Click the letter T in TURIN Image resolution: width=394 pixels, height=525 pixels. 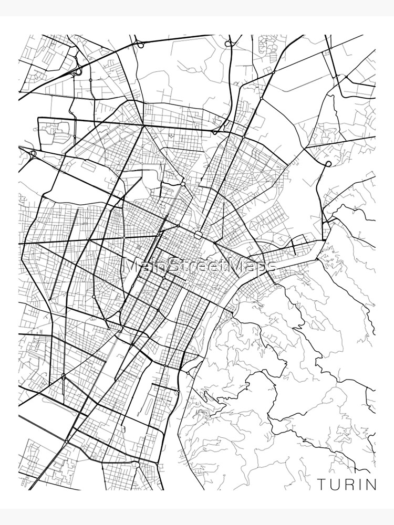click(321, 484)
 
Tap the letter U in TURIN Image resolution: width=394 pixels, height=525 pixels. click(334, 484)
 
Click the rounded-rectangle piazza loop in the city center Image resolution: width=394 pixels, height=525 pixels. click(199, 234)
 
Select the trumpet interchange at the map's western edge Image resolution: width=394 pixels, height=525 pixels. click(33, 154)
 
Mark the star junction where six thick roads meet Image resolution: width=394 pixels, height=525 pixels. click(182, 184)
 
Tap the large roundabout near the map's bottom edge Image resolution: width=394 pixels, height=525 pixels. click(137, 465)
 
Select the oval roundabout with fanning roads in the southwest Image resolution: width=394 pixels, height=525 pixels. click(64, 376)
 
